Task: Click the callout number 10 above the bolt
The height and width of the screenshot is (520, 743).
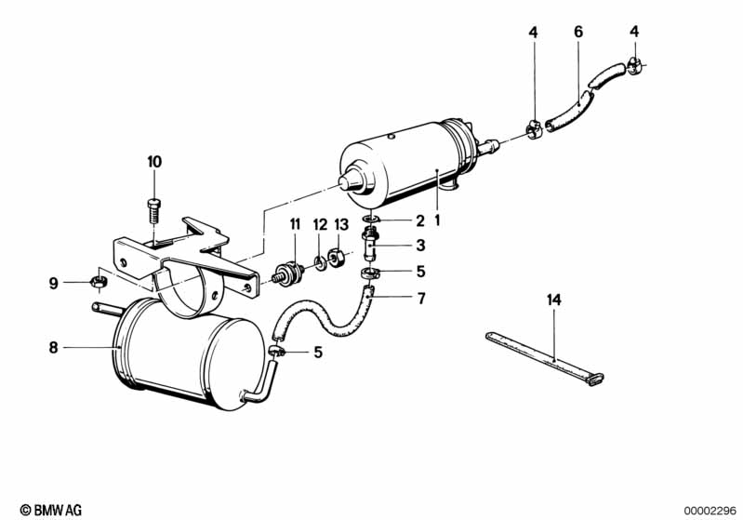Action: point(154,162)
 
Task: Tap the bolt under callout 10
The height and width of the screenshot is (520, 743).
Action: point(154,212)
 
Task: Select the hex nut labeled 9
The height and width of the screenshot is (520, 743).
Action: point(99,281)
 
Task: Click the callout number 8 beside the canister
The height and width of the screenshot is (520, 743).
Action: point(53,348)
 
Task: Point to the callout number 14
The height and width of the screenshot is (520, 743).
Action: point(554,300)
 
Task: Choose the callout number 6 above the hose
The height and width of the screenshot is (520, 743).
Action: point(578,32)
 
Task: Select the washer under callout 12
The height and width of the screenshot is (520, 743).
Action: point(320,262)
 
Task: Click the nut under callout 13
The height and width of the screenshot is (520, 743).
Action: point(336,258)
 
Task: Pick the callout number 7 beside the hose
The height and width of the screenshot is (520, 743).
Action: point(421,299)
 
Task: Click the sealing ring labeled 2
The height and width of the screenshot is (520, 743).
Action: point(371,219)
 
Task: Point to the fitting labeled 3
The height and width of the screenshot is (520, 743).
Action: point(370,242)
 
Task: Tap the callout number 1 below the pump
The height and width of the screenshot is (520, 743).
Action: point(437,220)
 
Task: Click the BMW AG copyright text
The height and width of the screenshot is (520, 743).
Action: point(51,510)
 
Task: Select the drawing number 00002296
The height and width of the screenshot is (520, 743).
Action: point(710,511)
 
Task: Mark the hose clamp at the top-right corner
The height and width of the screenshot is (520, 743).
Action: point(634,66)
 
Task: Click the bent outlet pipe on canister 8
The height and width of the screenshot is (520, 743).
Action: point(260,385)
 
